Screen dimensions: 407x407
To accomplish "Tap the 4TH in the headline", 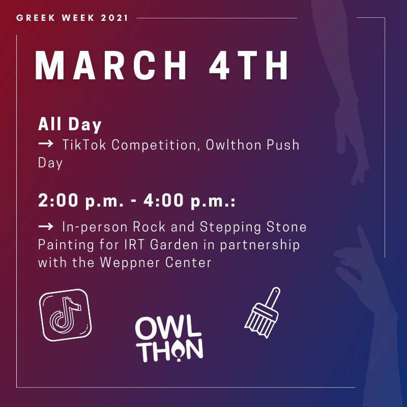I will tap(249, 65).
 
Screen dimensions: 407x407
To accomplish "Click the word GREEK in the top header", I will tap(36, 18).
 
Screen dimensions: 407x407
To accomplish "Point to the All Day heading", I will tap(70, 125).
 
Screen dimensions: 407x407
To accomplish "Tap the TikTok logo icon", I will tap(66, 315).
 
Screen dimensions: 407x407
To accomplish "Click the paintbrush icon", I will tap(263, 313).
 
